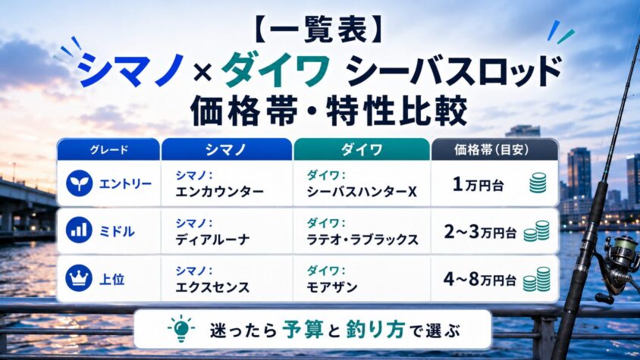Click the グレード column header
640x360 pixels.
coord(108,150)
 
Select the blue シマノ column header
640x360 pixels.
coord(227,150)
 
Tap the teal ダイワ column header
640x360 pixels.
coord(362,150)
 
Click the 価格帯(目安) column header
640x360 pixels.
coord(494,150)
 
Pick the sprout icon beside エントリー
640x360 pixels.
coord(79,183)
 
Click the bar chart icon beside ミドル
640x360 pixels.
coord(79,230)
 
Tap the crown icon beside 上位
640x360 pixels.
coord(79,278)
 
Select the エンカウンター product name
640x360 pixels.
coord(220,192)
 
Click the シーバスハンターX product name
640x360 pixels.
coord(362,192)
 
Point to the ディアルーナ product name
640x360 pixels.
coord(212,239)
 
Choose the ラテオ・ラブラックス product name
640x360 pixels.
coord(362,239)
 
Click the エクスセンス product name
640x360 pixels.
coord(212,287)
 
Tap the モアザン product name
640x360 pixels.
coord(332,287)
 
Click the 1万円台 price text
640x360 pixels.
coord(478,184)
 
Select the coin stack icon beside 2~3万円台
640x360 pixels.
coord(536,231)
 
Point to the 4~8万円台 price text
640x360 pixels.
coord(479,280)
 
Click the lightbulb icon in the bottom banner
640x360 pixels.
coord(181,328)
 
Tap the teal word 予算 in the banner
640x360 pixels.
coord(303,330)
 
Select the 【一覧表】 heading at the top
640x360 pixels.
coord(320,30)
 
